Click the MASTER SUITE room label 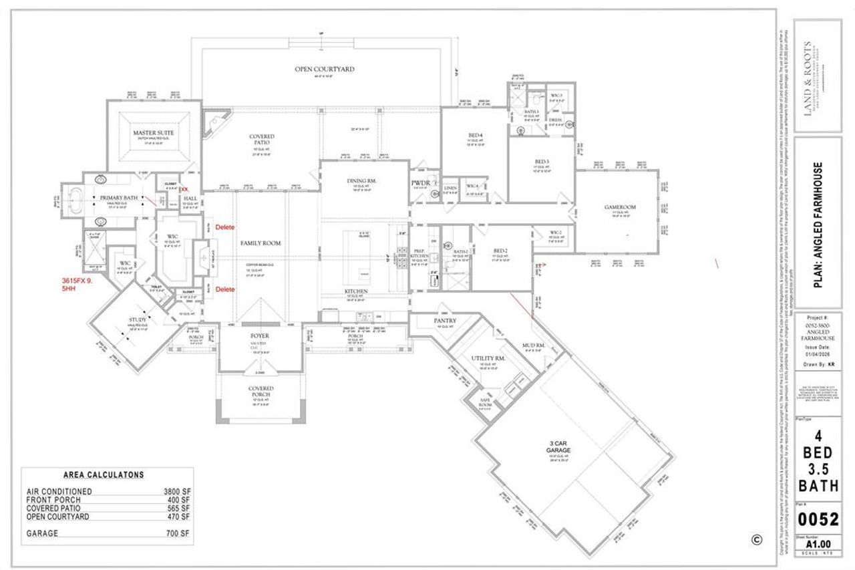(x=153, y=133)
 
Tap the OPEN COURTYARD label (x=325, y=69)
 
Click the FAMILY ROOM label (x=260, y=243)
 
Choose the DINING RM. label (x=363, y=181)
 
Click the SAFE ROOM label (x=486, y=404)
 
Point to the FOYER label (x=260, y=335)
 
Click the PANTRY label (x=445, y=321)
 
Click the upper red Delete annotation (x=225, y=227)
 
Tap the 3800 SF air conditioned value (x=177, y=490)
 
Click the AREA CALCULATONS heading (x=104, y=475)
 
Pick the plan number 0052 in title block (x=818, y=519)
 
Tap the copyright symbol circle (x=756, y=539)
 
